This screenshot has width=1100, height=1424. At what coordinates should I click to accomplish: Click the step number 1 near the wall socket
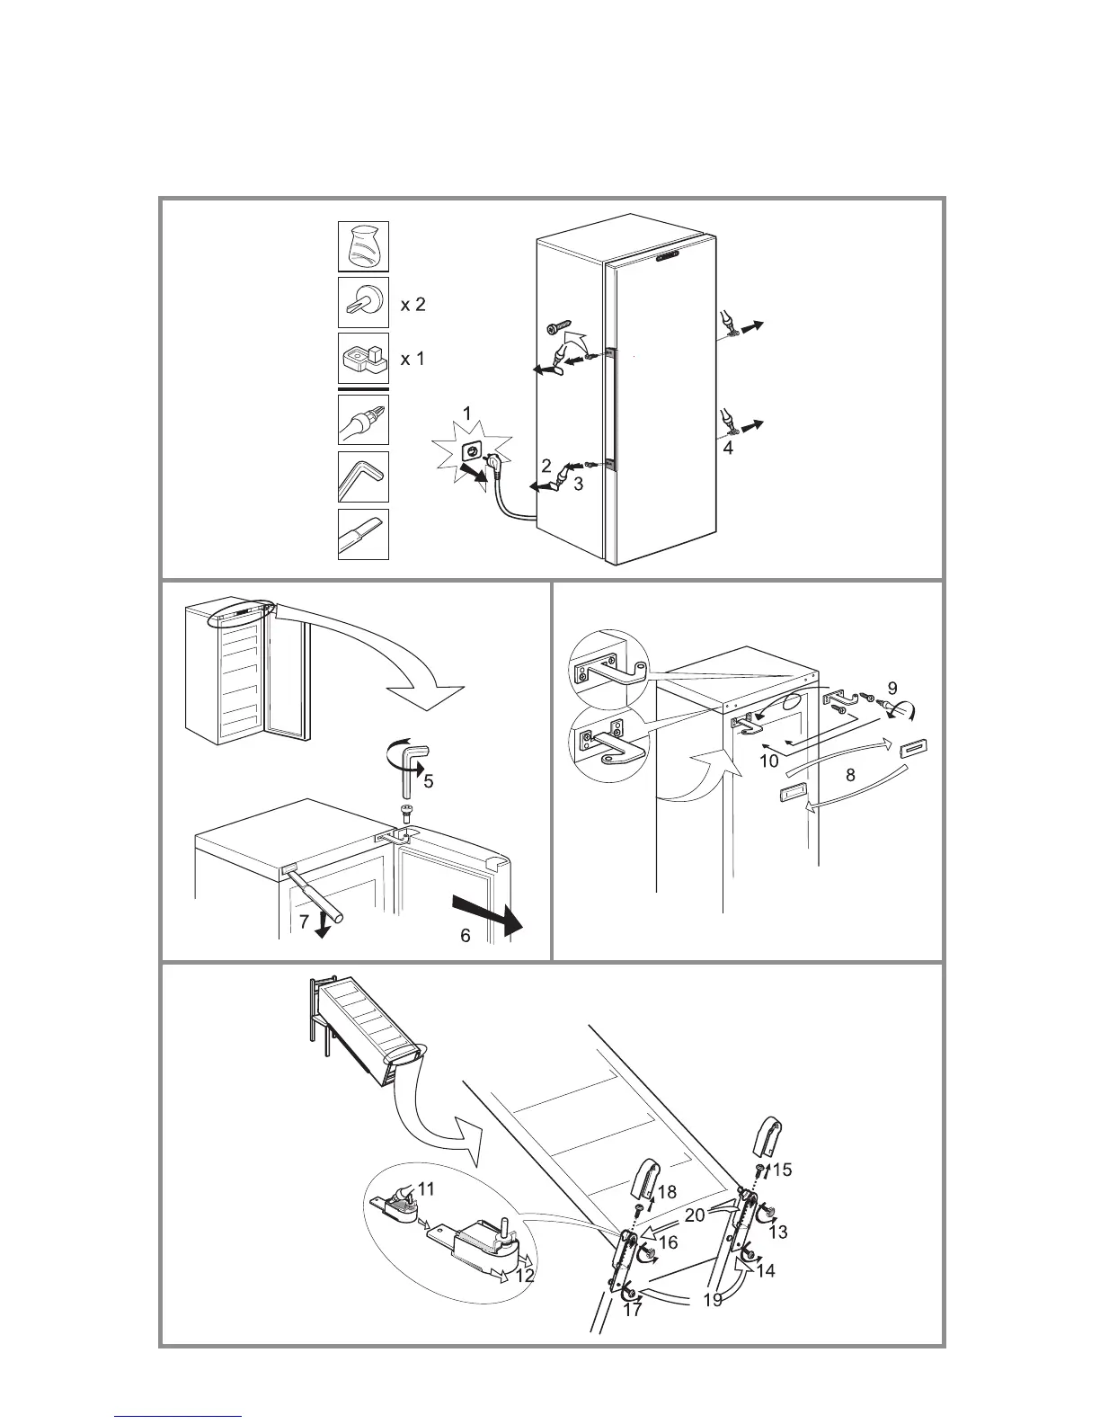(x=466, y=414)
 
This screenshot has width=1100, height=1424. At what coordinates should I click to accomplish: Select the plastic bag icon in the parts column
(x=363, y=246)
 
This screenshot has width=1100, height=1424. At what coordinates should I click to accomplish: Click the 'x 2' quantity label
(x=412, y=305)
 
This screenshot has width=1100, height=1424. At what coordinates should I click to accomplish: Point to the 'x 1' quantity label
(x=412, y=359)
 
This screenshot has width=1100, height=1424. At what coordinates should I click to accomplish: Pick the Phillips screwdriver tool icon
(x=363, y=419)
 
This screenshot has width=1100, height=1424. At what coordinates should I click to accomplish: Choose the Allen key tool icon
(x=363, y=476)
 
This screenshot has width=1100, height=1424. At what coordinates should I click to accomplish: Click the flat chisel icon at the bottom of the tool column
(x=363, y=534)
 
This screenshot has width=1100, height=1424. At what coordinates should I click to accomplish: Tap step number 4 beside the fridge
(x=728, y=447)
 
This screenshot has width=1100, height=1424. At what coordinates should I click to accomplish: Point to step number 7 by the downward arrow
(x=305, y=921)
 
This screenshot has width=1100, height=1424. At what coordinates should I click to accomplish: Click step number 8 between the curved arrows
(x=850, y=773)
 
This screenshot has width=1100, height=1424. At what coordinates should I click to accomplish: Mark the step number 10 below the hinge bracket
(x=769, y=761)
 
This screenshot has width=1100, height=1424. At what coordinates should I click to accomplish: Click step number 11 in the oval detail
(x=426, y=1188)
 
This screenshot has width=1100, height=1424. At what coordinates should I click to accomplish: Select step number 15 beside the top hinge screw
(x=782, y=1170)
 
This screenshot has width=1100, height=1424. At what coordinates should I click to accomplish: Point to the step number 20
(x=694, y=1215)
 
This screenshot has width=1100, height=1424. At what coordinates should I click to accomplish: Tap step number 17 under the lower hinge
(x=633, y=1310)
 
